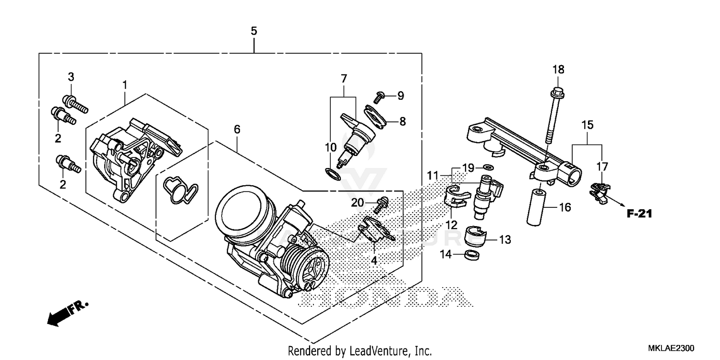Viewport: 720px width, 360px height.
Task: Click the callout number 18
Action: [558, 70]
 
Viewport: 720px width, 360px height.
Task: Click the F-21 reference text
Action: [639, 214]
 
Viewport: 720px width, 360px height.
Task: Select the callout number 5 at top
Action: [254, 31]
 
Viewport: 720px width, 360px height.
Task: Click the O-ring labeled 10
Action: [331, 173]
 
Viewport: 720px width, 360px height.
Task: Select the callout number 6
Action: [237, 129]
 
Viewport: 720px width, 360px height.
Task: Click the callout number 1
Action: [124, 85]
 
